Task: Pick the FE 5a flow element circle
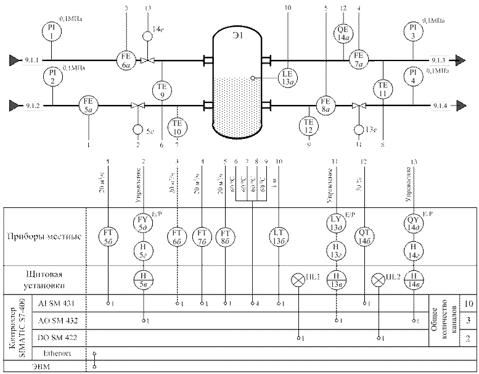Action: coord(90,106)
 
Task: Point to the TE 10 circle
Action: coord(177,127)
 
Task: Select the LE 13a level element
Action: coord(288,77)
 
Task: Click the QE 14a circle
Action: coord(344,33)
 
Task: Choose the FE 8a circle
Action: coord(326,106)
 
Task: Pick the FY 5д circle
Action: coord(144,223)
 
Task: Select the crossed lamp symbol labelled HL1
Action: coord(298,280)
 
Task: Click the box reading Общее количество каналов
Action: coord(445,321)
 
